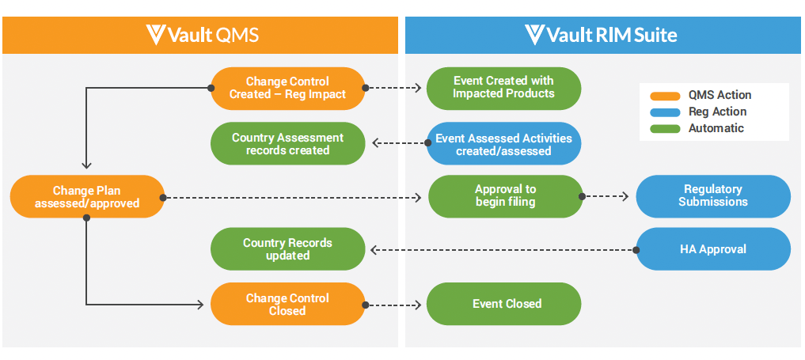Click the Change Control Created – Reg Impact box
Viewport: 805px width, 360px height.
(x=287, y=88)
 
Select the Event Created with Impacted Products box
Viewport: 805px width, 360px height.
(x=503, y=88)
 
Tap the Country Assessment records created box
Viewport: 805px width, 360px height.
(x=287, y=144)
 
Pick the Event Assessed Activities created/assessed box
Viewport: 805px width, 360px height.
(x=503, y=144)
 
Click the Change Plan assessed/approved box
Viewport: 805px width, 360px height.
(x=87, y=197)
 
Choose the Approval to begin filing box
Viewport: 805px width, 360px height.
(x=505, y=196)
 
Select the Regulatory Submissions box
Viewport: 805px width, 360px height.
(x=713, y=196)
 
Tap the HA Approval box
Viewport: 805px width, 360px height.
(x=713, y=249)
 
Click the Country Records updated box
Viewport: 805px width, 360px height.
(x=287, y=249)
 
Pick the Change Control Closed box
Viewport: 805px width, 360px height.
(x=287, y=305)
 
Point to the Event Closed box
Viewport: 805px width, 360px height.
(x=503, y=304)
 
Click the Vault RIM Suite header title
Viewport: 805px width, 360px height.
(x=613, y=35)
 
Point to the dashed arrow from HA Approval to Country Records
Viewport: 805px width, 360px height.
(x=503, y=250)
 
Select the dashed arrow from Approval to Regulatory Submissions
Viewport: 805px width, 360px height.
(x=609, y=196)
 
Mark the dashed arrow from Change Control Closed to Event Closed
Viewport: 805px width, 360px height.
(x=395, y=305)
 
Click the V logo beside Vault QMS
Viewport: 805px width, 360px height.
(x=156, y=35)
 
